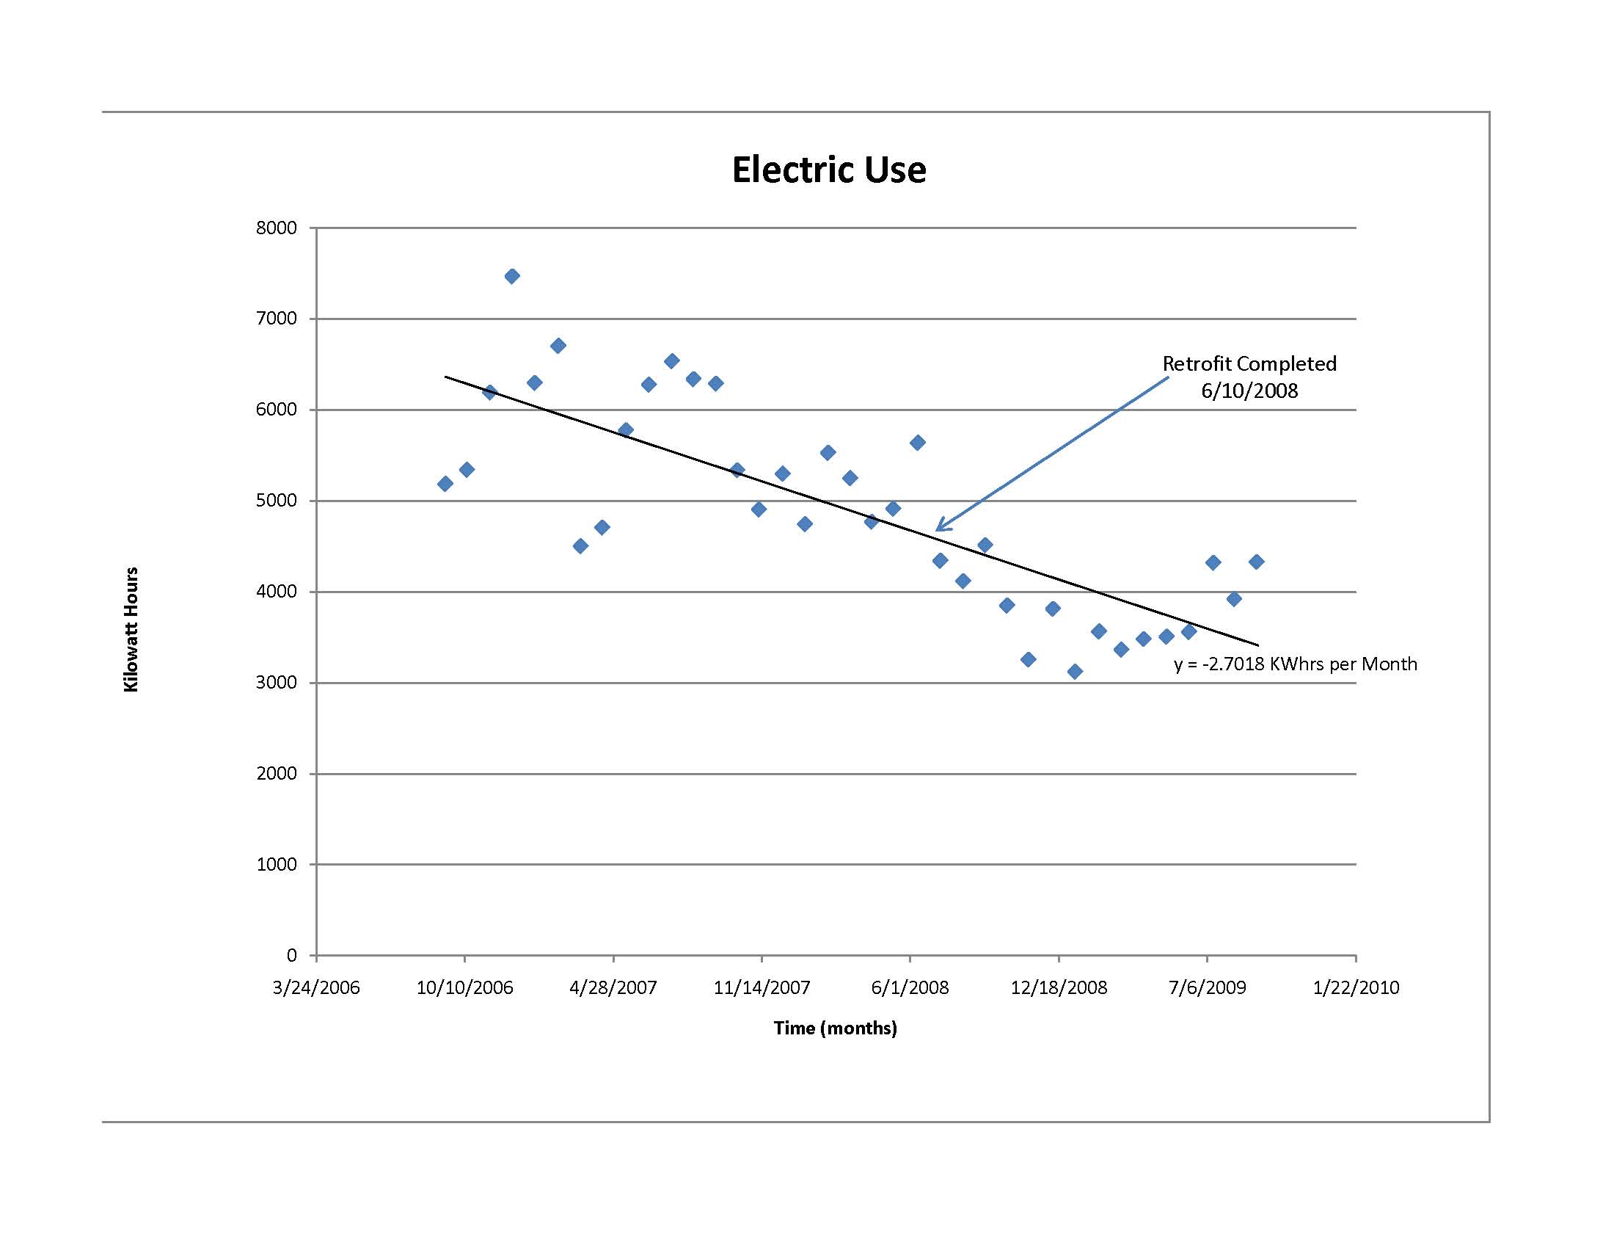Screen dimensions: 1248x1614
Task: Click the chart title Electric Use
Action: point(828,170)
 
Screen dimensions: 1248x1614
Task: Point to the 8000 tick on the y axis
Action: point(277,228)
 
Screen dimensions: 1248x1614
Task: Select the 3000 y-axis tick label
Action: point(277,683)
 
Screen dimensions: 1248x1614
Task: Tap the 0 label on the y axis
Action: point(291,955)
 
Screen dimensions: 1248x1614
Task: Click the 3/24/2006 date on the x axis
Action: point(315,987)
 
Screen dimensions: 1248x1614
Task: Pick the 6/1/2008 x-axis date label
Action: point(910,987)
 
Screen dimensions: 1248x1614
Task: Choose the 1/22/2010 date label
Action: point(1355,987)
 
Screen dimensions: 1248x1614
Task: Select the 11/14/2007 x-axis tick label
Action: point(762,987)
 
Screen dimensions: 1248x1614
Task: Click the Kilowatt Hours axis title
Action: point(131,629)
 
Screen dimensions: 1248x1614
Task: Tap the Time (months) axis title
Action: point(835,1028)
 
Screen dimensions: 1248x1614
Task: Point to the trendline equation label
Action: point(1296,664)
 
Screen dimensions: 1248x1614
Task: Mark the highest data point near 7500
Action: point(511,277)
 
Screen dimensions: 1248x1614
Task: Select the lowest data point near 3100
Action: point(1076,671)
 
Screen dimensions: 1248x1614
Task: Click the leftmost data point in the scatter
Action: point(445,484)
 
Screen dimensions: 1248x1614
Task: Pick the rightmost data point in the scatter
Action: point(1256,562)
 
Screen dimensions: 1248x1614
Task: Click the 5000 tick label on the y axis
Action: point(277,501)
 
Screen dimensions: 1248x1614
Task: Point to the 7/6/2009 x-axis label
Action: point(1207,987)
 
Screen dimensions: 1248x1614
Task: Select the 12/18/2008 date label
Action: point(1058,987)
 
